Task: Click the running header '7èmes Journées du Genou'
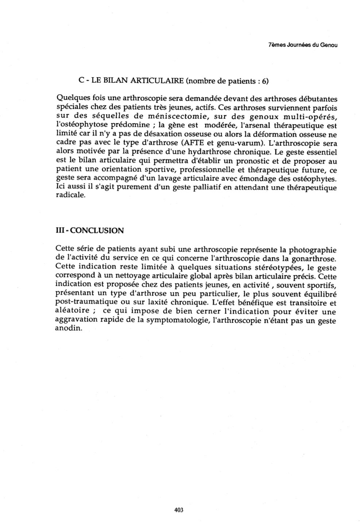tap(302, 45)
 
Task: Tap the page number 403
tap(179, 510)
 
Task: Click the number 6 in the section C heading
tap(265, 81)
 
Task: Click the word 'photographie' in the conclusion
tap(313, 250)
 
